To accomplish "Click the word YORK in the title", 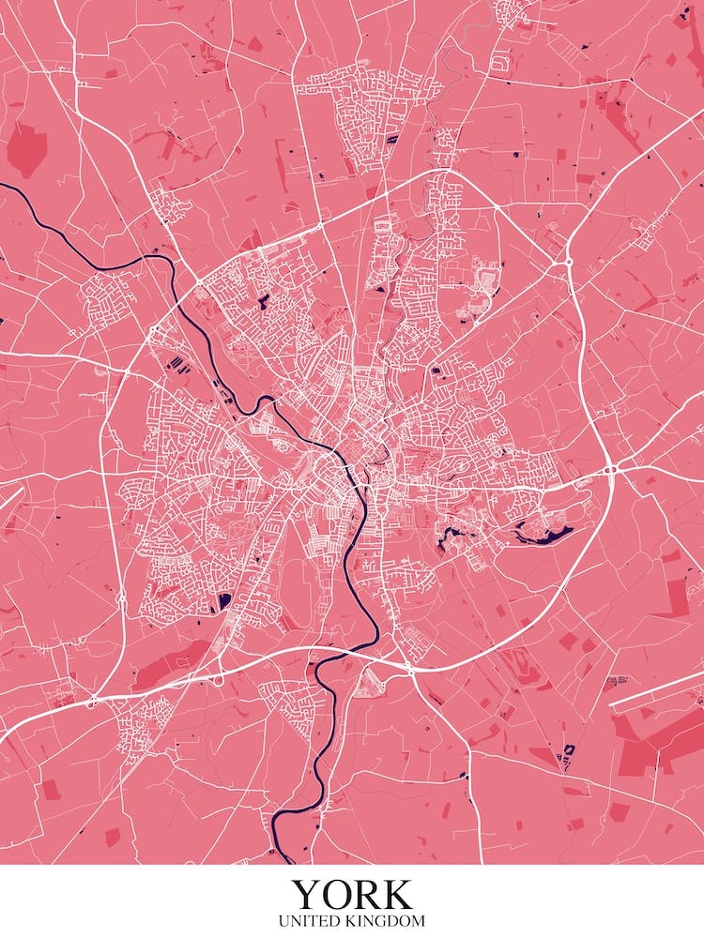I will [351, 894].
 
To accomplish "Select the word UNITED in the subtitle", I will [315, 922].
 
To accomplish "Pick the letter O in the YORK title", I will [336, 894].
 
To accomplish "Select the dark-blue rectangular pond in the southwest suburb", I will [223, 599].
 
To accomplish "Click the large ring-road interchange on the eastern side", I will [610, 468].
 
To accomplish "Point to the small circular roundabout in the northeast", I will [569, 262].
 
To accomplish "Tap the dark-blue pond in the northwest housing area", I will [263, 302].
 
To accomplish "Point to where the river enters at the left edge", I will [4, 187].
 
